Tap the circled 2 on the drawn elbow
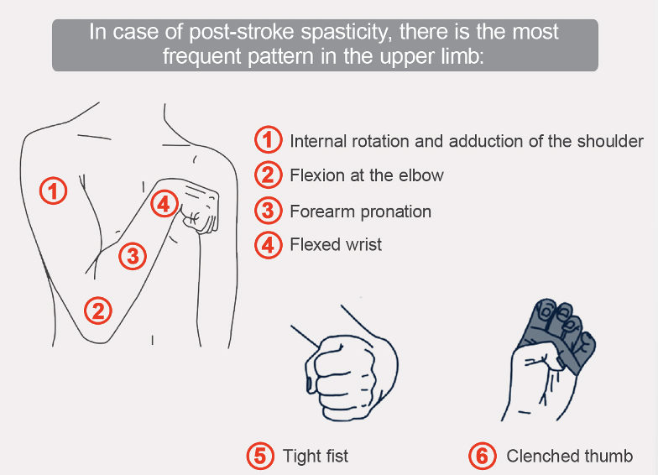coord(98,311)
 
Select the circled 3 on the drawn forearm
coord(133,255)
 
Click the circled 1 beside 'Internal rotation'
coord(268,140)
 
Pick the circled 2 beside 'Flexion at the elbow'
coord(268,175)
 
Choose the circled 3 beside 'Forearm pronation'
coord(268,211)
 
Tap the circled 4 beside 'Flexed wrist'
coord(268,245)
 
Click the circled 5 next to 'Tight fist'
coord(260,457)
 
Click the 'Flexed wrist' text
coord(336,245)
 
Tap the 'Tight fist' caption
coord(316,457)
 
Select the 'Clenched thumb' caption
coord(570,457)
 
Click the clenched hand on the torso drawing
coord(199,206)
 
